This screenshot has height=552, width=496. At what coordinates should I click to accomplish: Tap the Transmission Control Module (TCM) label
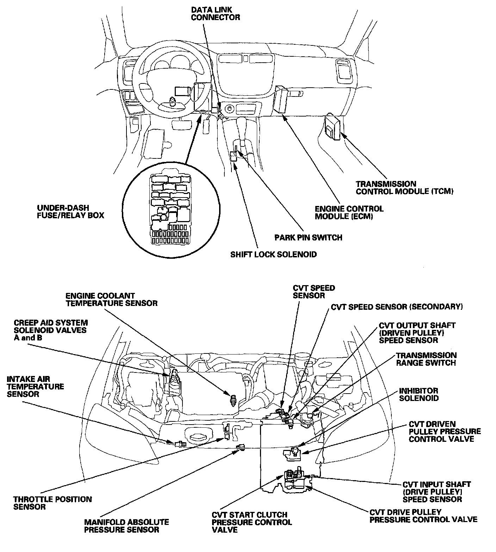(404, 188)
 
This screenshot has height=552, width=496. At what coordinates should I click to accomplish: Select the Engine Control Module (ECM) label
(349, 212)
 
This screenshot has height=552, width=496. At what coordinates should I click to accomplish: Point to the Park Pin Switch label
(308, 237)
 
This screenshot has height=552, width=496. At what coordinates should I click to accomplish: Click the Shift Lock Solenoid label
(273, 254)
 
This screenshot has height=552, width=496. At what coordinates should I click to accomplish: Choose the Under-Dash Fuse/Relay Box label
(70, 211)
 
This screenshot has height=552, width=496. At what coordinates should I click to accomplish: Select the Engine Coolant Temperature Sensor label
(111, 299)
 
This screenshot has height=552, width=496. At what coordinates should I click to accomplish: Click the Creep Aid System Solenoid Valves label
(51, 330)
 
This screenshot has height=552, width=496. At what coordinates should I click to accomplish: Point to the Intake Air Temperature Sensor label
(35, 387)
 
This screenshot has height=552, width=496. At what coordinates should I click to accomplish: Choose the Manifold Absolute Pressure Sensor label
(126, 526)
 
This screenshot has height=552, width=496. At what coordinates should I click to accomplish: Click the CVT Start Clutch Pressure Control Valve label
(252, 522)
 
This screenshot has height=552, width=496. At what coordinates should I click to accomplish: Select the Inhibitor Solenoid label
(418, 394)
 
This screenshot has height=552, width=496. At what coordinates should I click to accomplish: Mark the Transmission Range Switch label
(426, 359)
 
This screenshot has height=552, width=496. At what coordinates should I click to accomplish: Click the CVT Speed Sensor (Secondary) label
(396, 307)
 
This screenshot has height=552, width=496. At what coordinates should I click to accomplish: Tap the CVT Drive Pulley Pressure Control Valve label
(423, 516)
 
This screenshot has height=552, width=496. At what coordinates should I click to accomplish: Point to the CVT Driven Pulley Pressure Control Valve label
(445, 432)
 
